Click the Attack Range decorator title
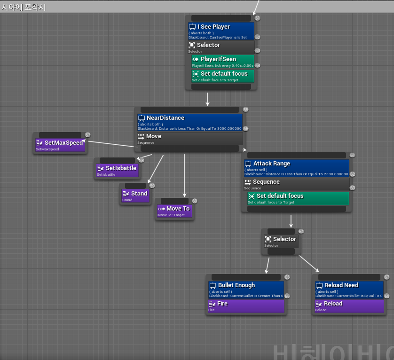(x=271, y=164)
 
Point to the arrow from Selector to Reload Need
(x=309, y=264)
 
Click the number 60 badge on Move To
(x=195, y=201)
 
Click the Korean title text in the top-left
(x=24, y=7)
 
